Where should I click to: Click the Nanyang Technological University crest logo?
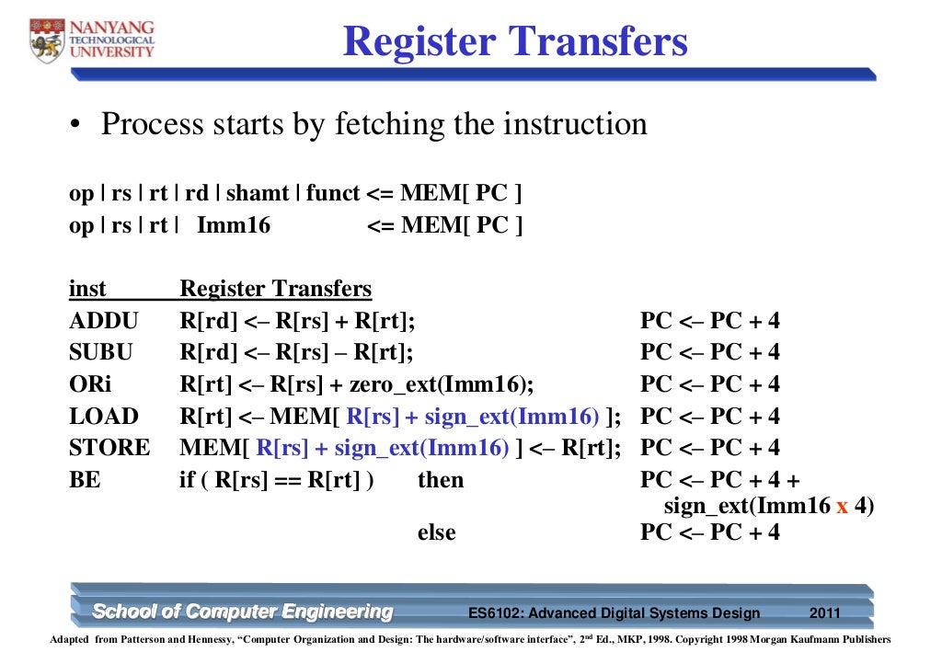click(x=45, y=40)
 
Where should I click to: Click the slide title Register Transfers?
click(x=515, y=41)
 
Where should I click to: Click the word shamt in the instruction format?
click(x=256, y=194)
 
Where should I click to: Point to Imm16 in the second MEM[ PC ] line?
click(x=234, y=225)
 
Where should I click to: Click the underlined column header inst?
click(x=87, y=290)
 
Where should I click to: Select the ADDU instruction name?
click(x=103, y=322)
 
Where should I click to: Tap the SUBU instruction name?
click(x=101, y=353)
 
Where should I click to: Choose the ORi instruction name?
click(x=90, y=384)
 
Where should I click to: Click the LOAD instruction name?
click(x=103, y=417)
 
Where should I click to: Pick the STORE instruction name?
click(x=109, y=448)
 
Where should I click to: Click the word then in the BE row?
click(x=441, y=480)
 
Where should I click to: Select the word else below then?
click(x=437, y=532)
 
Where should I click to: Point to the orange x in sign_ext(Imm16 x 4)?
click(x=842, y=507)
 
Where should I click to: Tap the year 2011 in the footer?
click(x=824, y=613)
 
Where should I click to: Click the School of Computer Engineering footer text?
click(x=243, y=612)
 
